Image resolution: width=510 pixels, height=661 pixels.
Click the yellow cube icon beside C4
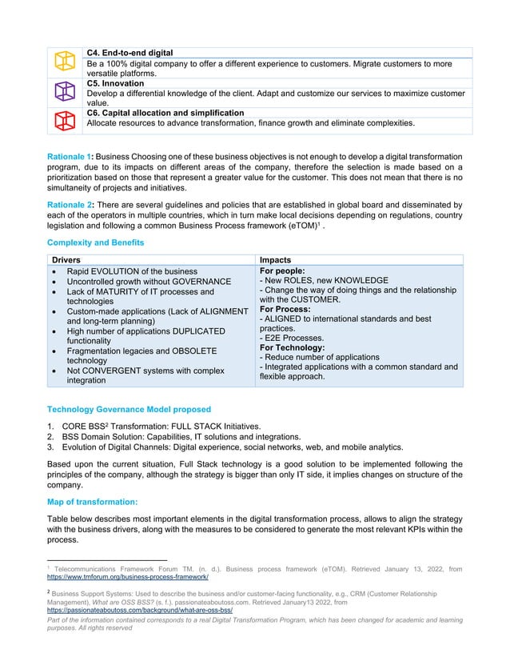click(x=62, y=60)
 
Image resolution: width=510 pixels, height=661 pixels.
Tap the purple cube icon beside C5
click(x=62, y=90)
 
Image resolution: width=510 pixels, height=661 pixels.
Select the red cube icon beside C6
click(x=62, y=120)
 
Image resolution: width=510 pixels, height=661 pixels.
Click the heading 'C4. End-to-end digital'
click(x=129, y=53)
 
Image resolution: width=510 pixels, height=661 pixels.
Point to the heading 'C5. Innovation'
click(x=115, y=83)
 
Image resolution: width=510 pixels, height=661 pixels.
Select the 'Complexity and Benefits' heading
click(x=95, y=242)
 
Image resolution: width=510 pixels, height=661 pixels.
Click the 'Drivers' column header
click(x=66, y=261)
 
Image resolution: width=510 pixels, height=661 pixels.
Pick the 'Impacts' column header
click(x=276, y=261)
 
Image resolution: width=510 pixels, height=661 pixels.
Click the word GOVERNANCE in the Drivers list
click(x=200, y=282)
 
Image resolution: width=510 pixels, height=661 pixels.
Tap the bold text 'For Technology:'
click(x=292, y=348)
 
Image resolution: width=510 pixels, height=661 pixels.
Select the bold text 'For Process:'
click(x=286, y=309)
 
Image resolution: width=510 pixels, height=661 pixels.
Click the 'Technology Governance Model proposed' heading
click(x=129, y=409)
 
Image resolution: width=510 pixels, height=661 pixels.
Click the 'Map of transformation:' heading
click(x=92, y=502)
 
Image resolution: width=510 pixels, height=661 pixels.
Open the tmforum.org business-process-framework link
click(x=128, y=576)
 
